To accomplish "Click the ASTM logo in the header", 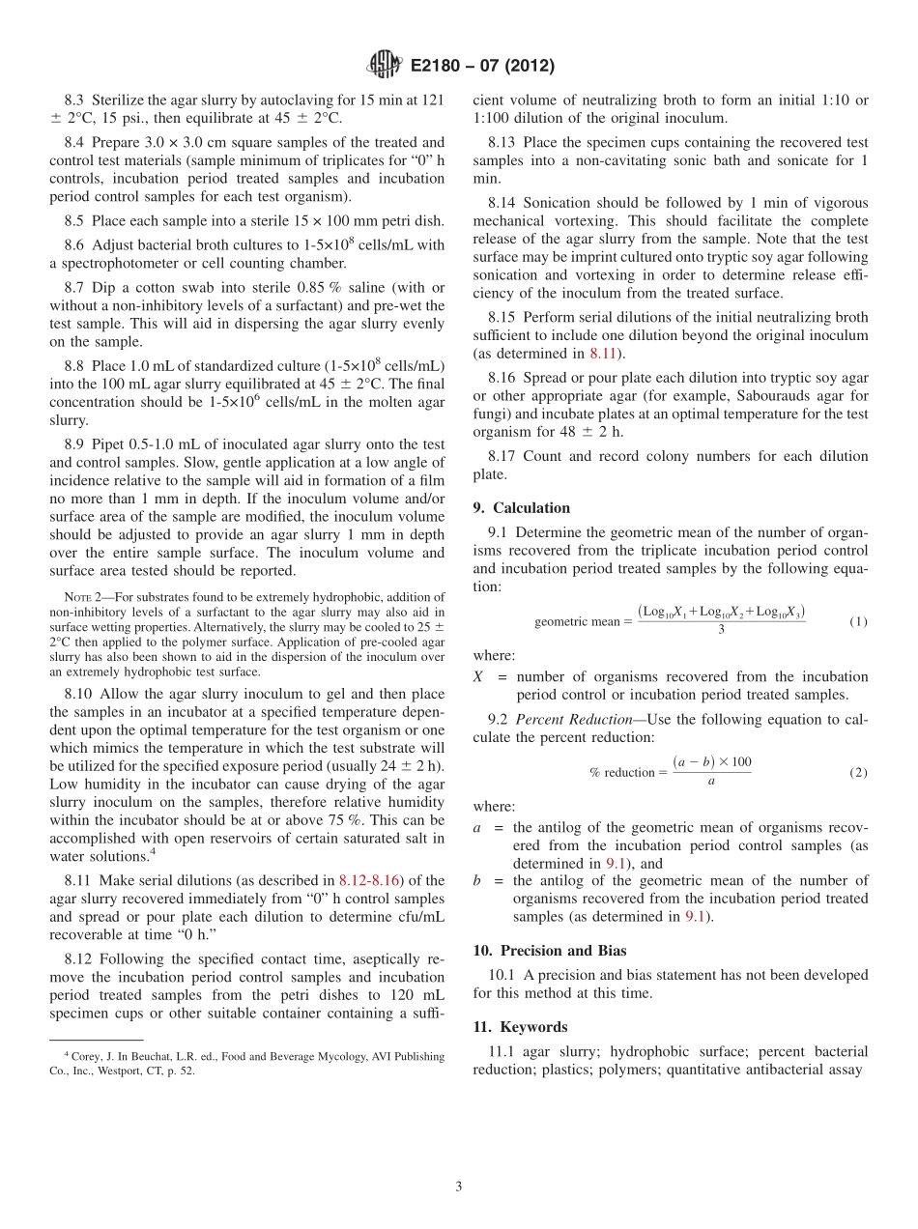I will tap(384, 66).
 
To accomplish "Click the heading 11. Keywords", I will tap(520, 1027).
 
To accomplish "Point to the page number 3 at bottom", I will tap(459, 1187).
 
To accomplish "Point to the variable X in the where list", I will tap(478, 677).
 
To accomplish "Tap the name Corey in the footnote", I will tap(85, 1057).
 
